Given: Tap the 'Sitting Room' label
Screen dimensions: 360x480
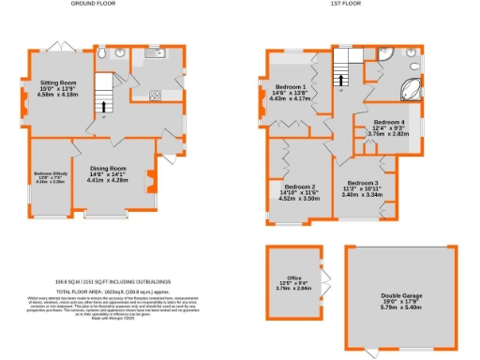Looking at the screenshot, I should pyautogui.click(x=56, y=82).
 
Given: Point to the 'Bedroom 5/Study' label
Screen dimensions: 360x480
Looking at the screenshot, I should pyautogui.click(x=49, y=173).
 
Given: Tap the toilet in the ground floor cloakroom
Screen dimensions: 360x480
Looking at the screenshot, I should pyautogui.click(x=99, y=55).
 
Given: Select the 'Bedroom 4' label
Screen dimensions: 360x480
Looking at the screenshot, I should pyautogui.click(x=389, y=123).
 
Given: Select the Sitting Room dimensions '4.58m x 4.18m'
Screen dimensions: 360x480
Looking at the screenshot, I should pyautogui.click(x=56, y=95).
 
